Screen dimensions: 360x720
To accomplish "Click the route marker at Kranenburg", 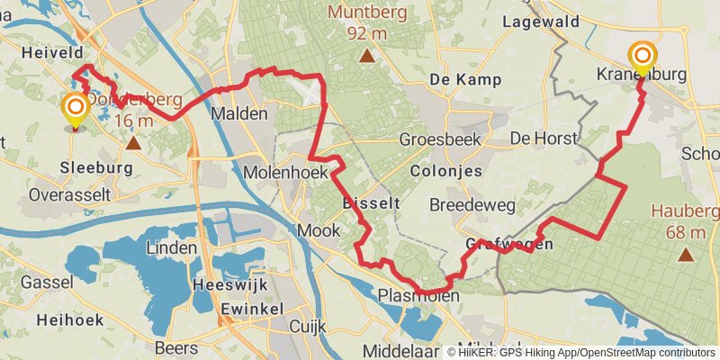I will tap(643, 56).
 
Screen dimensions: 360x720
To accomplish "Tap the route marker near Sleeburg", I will tap(76, 110).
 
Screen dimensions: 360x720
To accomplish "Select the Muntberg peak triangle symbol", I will tap(366, 58).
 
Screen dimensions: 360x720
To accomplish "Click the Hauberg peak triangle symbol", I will tap(687, 255).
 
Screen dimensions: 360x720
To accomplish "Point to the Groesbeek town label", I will tap(440, 139).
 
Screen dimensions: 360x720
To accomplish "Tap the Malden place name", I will tap(238, 114).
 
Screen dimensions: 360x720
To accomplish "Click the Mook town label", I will tap(319, 230).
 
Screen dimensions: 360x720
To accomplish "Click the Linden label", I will tap(171, 247).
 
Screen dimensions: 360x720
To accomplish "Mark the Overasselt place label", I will tap(69, 194).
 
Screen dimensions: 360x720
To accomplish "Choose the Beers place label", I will tap(176, 347).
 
